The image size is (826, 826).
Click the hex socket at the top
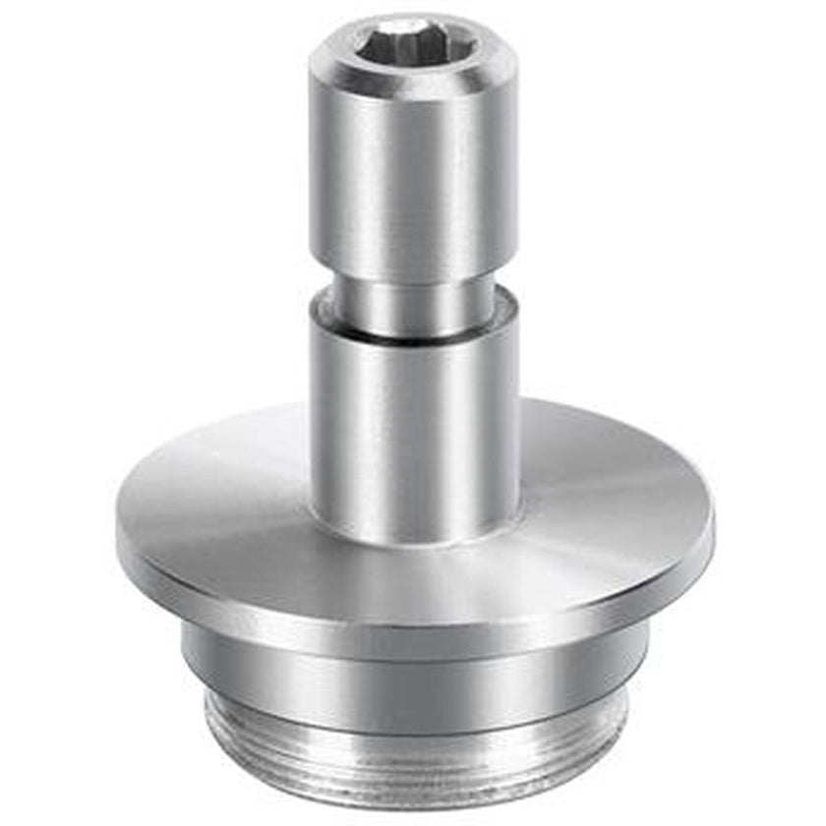[x=414, y=44]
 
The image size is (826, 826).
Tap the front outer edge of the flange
[x=414, y=629]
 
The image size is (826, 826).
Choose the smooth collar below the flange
[x=414, y=678]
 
